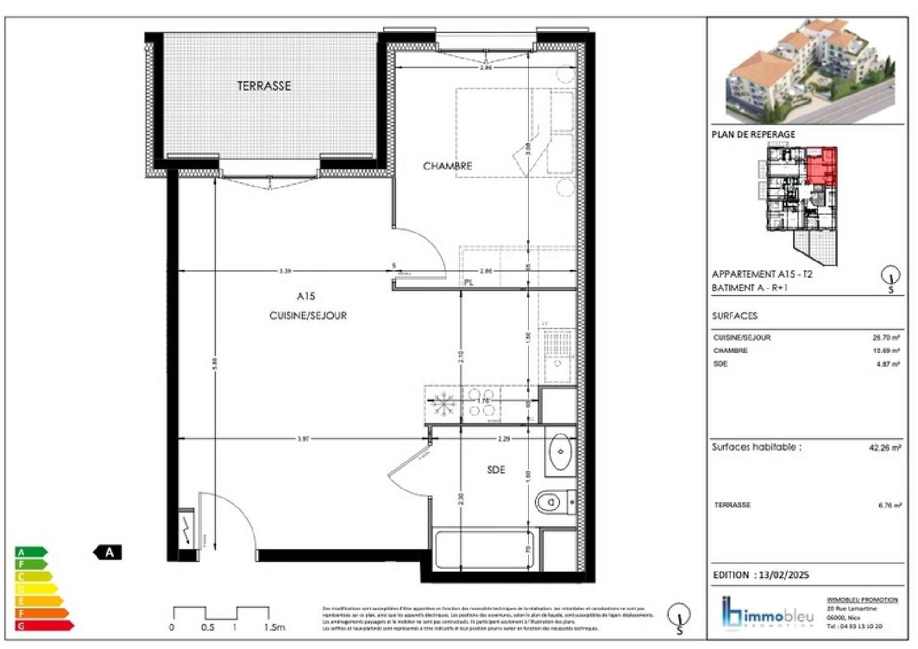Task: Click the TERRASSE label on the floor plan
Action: coord(264,86)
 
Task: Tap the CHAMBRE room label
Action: coord(447,166)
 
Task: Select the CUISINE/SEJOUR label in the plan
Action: coord(308,316)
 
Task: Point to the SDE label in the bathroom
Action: coord(496,470)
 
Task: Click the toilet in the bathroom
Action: coord(550,503)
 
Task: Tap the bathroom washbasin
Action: coord(560,452)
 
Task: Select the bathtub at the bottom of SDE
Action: coord(483,549)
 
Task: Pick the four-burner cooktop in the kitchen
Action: coord(482,403)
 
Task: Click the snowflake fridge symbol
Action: coord(443,404)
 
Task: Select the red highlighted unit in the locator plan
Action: coord(822,166)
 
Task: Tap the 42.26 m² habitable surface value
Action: coord(884,448)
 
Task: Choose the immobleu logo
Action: coord(768,614)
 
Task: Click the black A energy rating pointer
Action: coord(108,552)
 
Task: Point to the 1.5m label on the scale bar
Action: coord(275,628)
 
